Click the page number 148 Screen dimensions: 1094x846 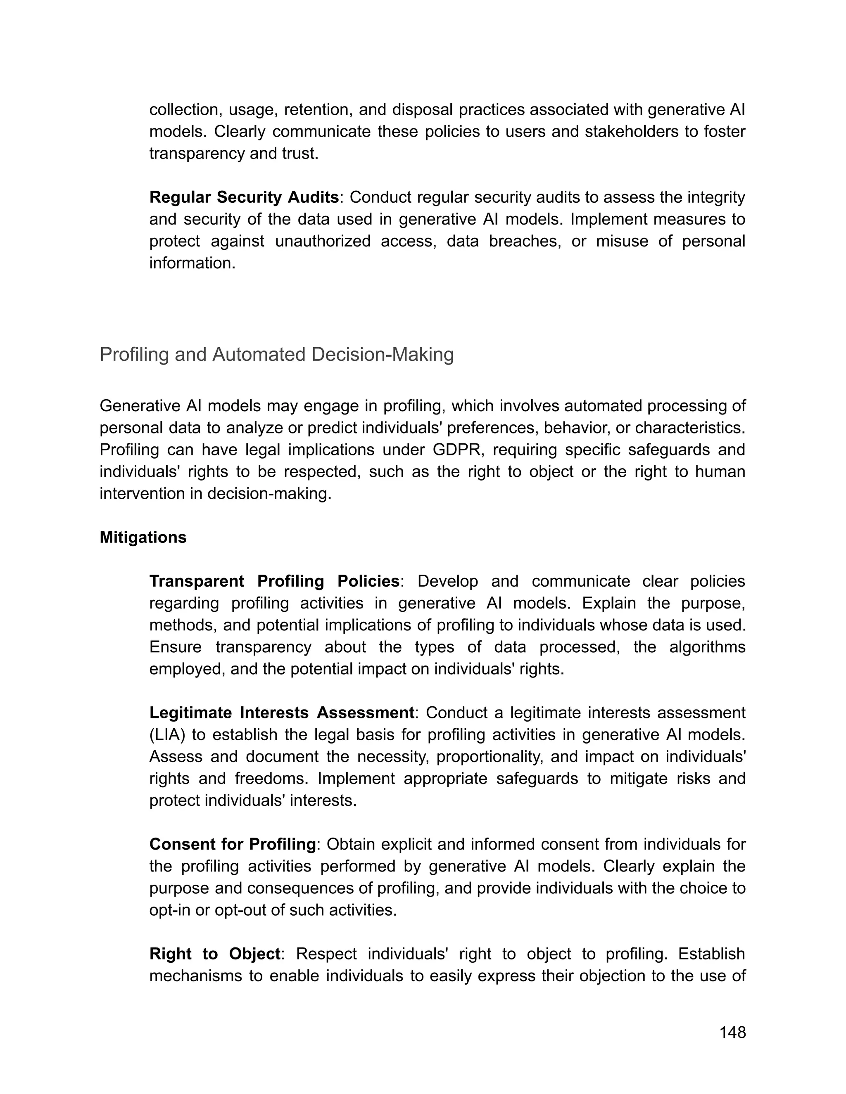pos(732,1032)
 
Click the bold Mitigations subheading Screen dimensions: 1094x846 pos(143,537)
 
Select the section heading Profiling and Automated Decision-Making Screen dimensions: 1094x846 pos(277,354)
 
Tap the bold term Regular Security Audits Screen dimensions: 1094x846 pos(244,197)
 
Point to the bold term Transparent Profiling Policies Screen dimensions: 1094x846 pos(274,581)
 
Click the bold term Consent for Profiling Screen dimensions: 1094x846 pos(233,844)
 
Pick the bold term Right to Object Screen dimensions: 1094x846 pos(214,954)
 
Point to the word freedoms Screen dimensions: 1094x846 pos(270,779)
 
